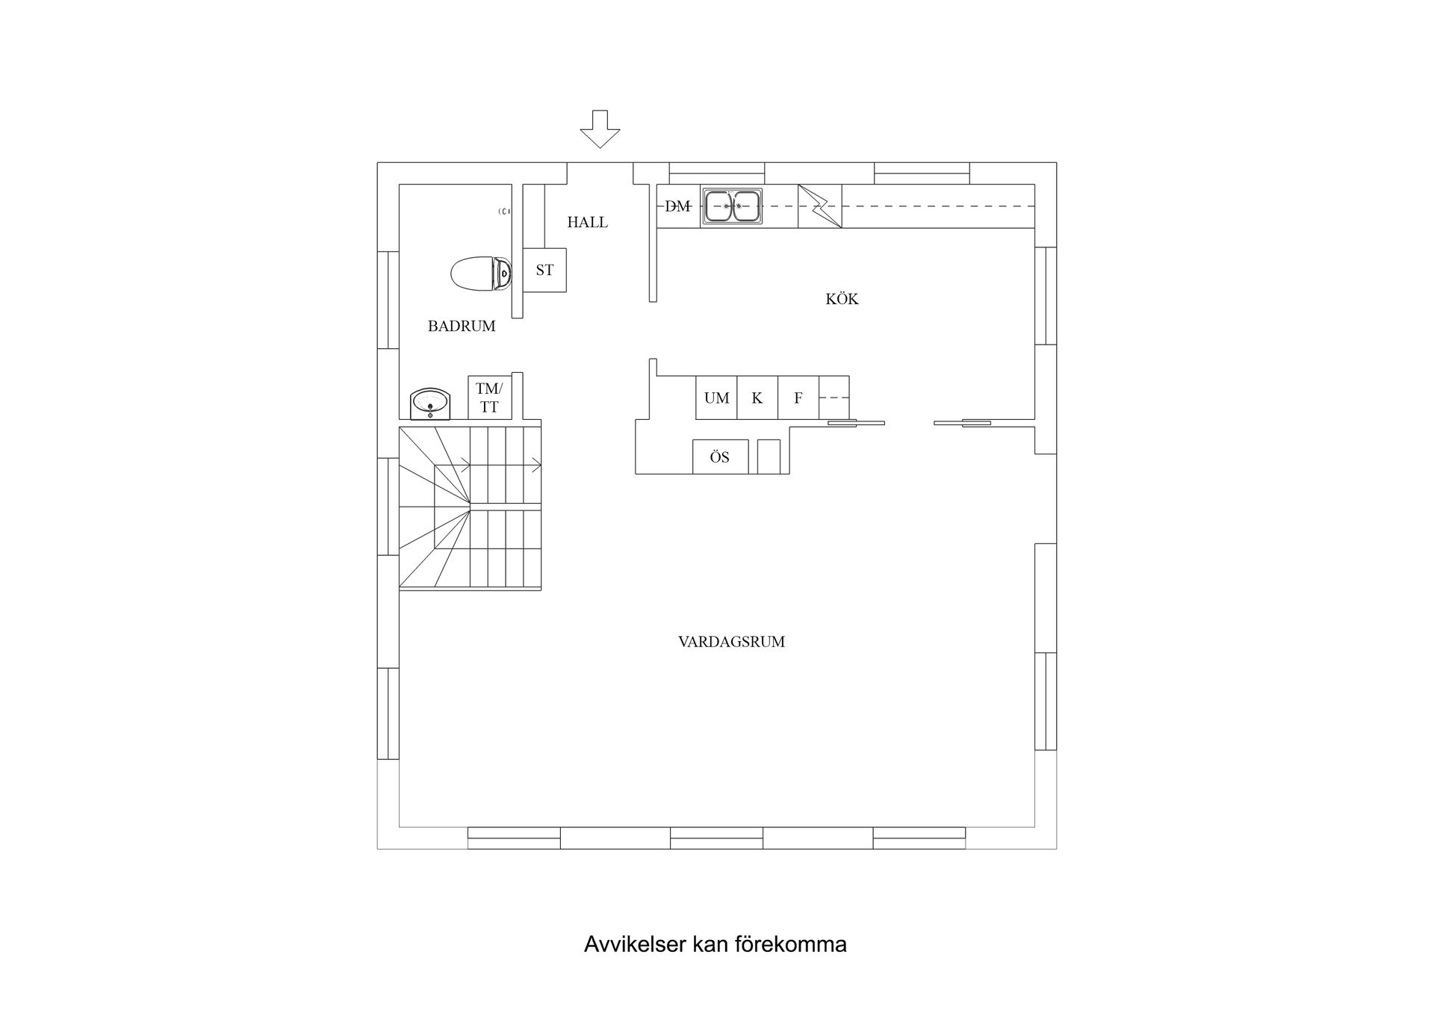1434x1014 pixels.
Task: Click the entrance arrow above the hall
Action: [600, 129]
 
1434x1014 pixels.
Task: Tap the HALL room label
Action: [587, 222]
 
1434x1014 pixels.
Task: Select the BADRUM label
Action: [462, 326]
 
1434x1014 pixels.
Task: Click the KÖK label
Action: [842, 299]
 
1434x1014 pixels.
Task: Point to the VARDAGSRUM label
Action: [731, 642]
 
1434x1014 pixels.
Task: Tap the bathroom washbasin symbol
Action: [430, 404]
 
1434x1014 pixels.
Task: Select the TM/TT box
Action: [489, 398]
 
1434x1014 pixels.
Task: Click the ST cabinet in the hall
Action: [544, 270]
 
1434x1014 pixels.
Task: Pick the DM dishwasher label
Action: [677, 206]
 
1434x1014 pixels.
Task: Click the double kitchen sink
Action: [732, 206]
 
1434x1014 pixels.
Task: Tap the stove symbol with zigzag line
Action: [819, 206]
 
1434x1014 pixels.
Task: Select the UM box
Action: [716, 398]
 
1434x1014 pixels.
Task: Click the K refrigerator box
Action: [757, 398]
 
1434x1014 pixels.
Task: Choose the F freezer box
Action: [798, 398]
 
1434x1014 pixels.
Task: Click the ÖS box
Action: [720, 457]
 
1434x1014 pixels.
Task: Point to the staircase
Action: [470, 508]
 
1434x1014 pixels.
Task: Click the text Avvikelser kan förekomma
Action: [715, 945]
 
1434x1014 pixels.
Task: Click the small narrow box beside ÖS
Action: [769, 457]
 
